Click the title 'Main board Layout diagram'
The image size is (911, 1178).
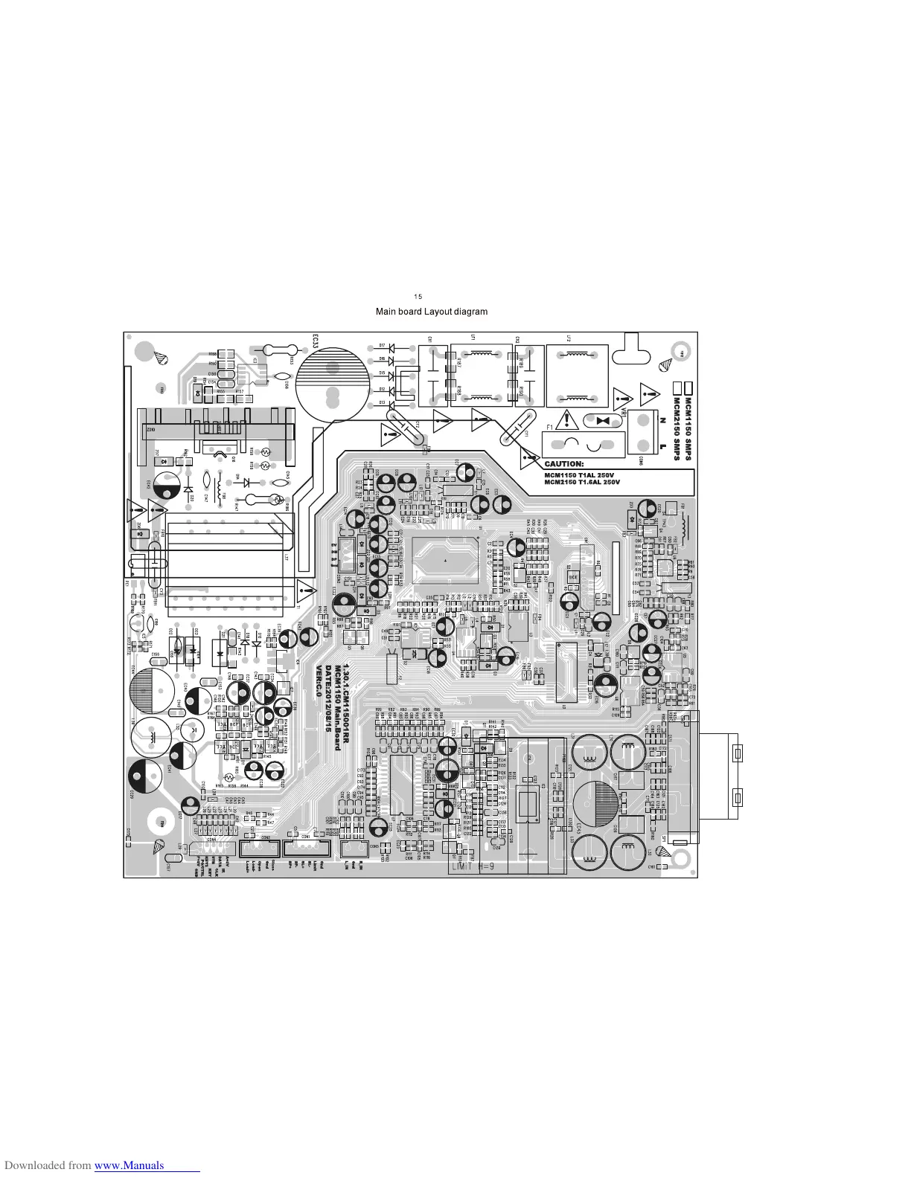432,312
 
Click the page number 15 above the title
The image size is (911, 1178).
418,296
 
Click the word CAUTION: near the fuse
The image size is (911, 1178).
564,464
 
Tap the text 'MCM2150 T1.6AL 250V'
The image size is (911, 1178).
583,482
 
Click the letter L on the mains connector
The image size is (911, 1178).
662,446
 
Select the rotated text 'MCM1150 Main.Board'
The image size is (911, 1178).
338,707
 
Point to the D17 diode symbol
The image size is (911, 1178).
391,346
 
